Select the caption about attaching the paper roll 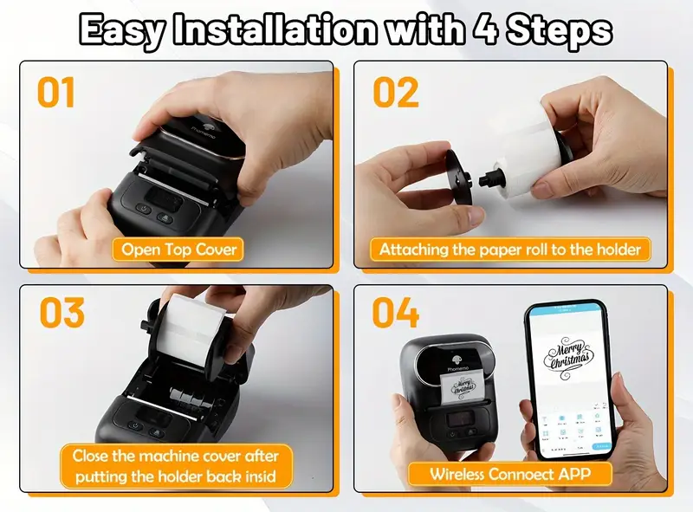pos(510,250)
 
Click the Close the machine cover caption pos(176,466)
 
